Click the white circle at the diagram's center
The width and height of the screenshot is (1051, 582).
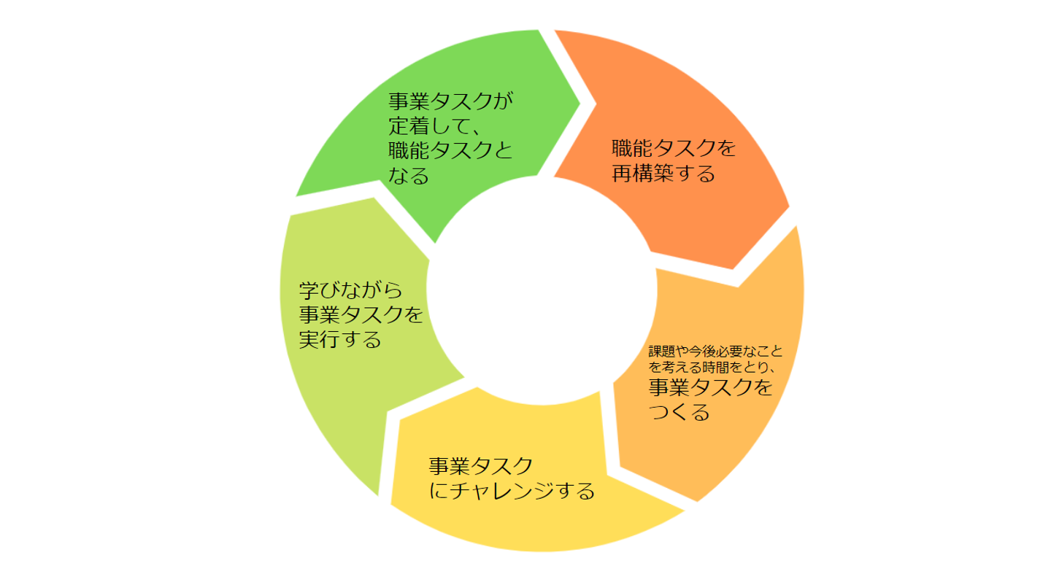click(541, 292)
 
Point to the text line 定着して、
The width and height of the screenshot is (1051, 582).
click(433, 126)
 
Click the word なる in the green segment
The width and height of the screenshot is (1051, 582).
click(409, 176)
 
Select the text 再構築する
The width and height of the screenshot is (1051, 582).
click(663, 174)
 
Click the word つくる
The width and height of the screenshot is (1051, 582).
click(679, 413)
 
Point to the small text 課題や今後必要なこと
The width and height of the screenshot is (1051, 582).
click(715, 352)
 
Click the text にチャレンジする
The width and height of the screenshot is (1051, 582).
click(512, 491)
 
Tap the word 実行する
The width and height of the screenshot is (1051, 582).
click(340, 340)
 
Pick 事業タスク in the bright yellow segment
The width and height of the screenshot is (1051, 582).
click(480, 466)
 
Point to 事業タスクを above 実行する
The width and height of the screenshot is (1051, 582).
click(361, 315)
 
